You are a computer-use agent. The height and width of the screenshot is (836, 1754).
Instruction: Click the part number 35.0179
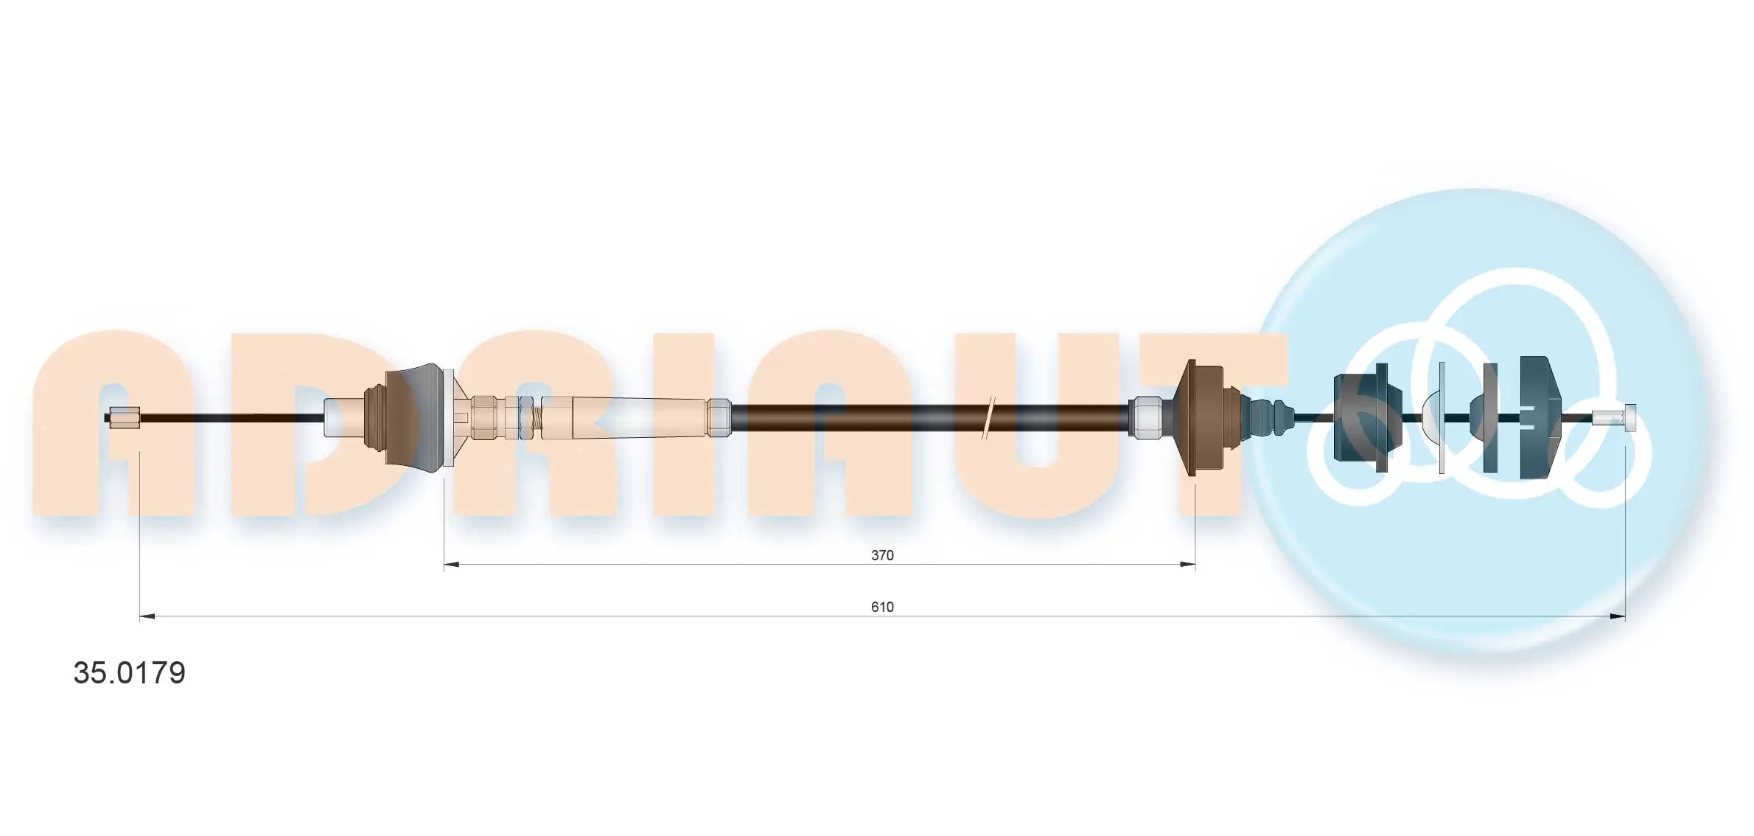pyautogui.click(x=130, y=673)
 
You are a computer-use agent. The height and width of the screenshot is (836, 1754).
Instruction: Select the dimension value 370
pyautogui.click(x=882, y=555)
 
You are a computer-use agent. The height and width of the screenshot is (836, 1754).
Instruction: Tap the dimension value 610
pyautogui.click(x=882, y=607)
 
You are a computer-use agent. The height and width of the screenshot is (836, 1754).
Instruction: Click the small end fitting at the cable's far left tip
pyautogui.click(x=124, y=417)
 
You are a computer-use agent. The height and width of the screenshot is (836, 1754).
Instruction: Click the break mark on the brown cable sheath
pyautogui.click(x=989, y=418)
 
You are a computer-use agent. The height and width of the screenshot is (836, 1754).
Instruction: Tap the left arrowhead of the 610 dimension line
pyautogui.click(x=147, y=616)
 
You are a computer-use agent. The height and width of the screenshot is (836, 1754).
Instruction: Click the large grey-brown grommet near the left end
pyautogui.click(x=417, y=417)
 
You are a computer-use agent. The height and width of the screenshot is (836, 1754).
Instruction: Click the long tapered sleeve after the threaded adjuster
pyautogui.click(x=634, y=418)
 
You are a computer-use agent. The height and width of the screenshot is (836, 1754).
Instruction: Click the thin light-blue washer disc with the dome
pyautogui.click(x=1441, y=417)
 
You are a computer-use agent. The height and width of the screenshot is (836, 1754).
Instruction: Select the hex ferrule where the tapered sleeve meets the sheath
pyautogui.click(x=719, y=418)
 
